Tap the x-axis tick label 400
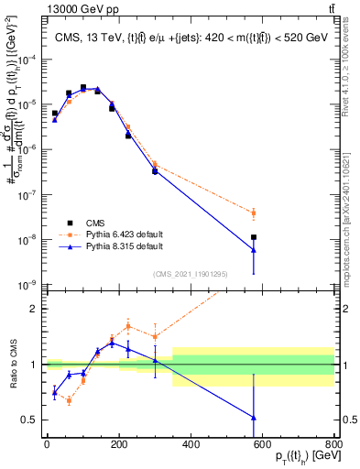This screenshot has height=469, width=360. (x=191, y=446)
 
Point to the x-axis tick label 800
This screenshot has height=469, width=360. (x=334, y=446)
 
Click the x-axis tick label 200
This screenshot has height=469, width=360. (x=119, y=446)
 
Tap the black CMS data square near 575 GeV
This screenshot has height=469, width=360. (x=254, y=237)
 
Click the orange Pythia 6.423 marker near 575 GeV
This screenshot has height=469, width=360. (x=254, y=213)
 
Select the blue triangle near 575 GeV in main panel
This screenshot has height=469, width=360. (x=254, y=250)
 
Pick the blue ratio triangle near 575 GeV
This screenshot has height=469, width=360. (x=254, y=418)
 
